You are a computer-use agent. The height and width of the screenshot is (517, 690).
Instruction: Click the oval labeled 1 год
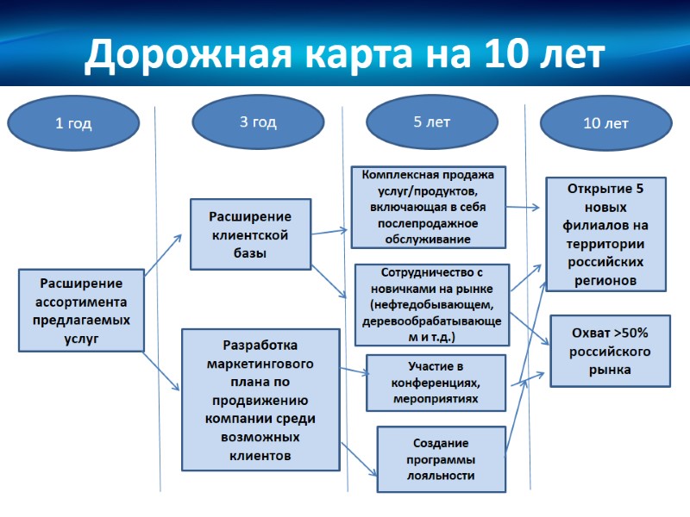click(x=73, y=123)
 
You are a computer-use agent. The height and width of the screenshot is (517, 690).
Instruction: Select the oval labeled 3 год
click(x=257, y=121)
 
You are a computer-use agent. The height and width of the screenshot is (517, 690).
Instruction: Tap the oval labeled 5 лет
click(x=431, y=121)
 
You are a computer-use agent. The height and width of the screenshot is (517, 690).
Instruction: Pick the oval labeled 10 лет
click(x=605, y=123)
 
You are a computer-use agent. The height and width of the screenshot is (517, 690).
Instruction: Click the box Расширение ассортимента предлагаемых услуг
click(x=81, y=310)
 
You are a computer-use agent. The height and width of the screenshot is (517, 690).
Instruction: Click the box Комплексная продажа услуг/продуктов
click(x=429, y=207)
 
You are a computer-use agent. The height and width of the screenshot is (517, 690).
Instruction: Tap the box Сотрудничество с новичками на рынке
click(x=431, y=304)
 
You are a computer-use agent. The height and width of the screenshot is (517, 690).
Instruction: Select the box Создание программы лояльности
click(x=441, y=459)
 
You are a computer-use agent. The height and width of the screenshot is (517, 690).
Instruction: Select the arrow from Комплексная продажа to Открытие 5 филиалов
click(x=524, y=207)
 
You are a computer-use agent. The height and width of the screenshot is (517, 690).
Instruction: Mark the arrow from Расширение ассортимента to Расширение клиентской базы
click(x=163, y=255)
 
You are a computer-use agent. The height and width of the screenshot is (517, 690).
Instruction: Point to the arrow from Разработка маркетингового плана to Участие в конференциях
click(x=354, y=372)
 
